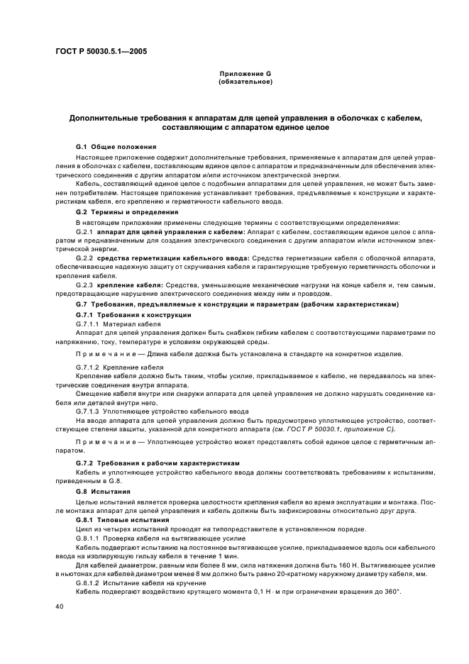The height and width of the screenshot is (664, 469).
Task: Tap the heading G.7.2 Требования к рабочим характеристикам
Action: pyautogui.click(x=162, y=463)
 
